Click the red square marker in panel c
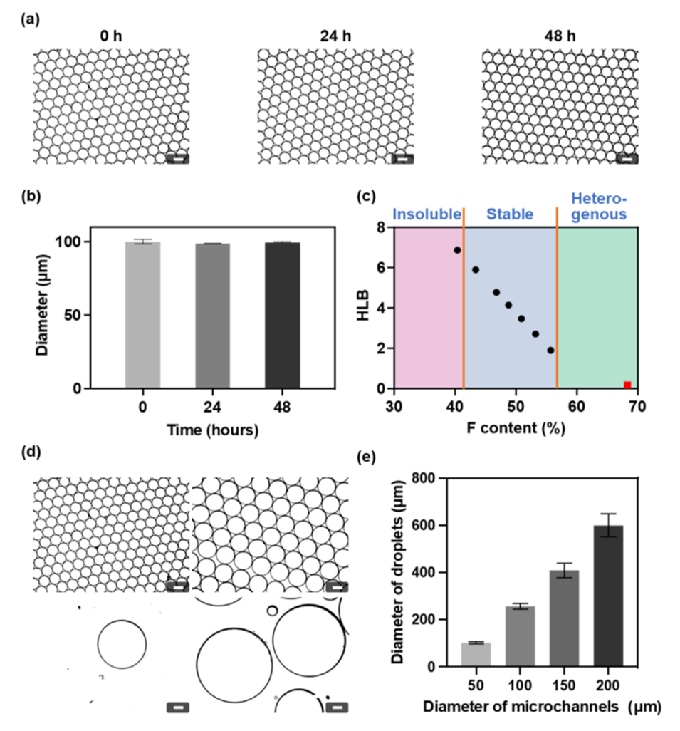click(627, 385)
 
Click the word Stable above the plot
click(510, 214)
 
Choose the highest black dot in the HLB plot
click(457, 250)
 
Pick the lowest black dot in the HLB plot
click(550, 350)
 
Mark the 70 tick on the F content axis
click(637, 406)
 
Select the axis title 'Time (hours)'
click(212, 430)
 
